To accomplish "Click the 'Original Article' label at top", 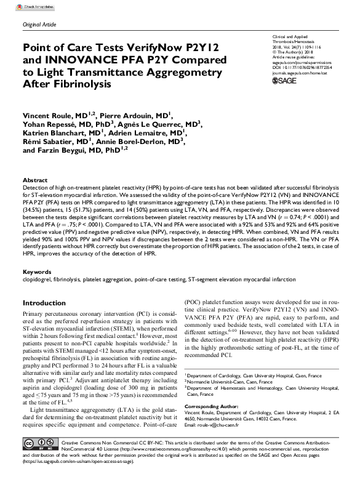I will [x=39, y=23].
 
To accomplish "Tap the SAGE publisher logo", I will [x=285, y=81].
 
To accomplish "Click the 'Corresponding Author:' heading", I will [x=212, y=408].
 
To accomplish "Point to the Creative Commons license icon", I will [x=38, y=460].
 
